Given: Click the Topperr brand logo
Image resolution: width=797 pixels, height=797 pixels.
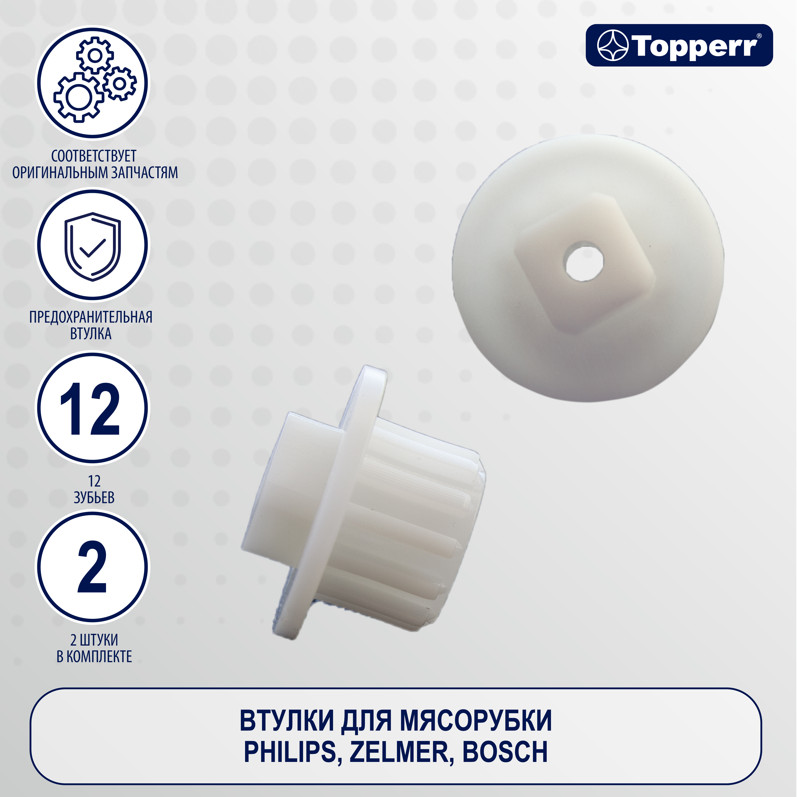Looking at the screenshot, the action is tap(679, 45).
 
